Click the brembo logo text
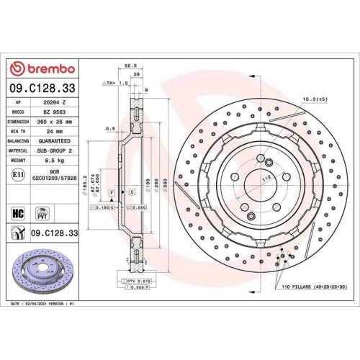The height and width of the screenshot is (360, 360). [46, 68]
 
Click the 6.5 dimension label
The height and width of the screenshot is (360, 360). [111, 129]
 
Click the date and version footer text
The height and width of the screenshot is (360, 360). [44, 305]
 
